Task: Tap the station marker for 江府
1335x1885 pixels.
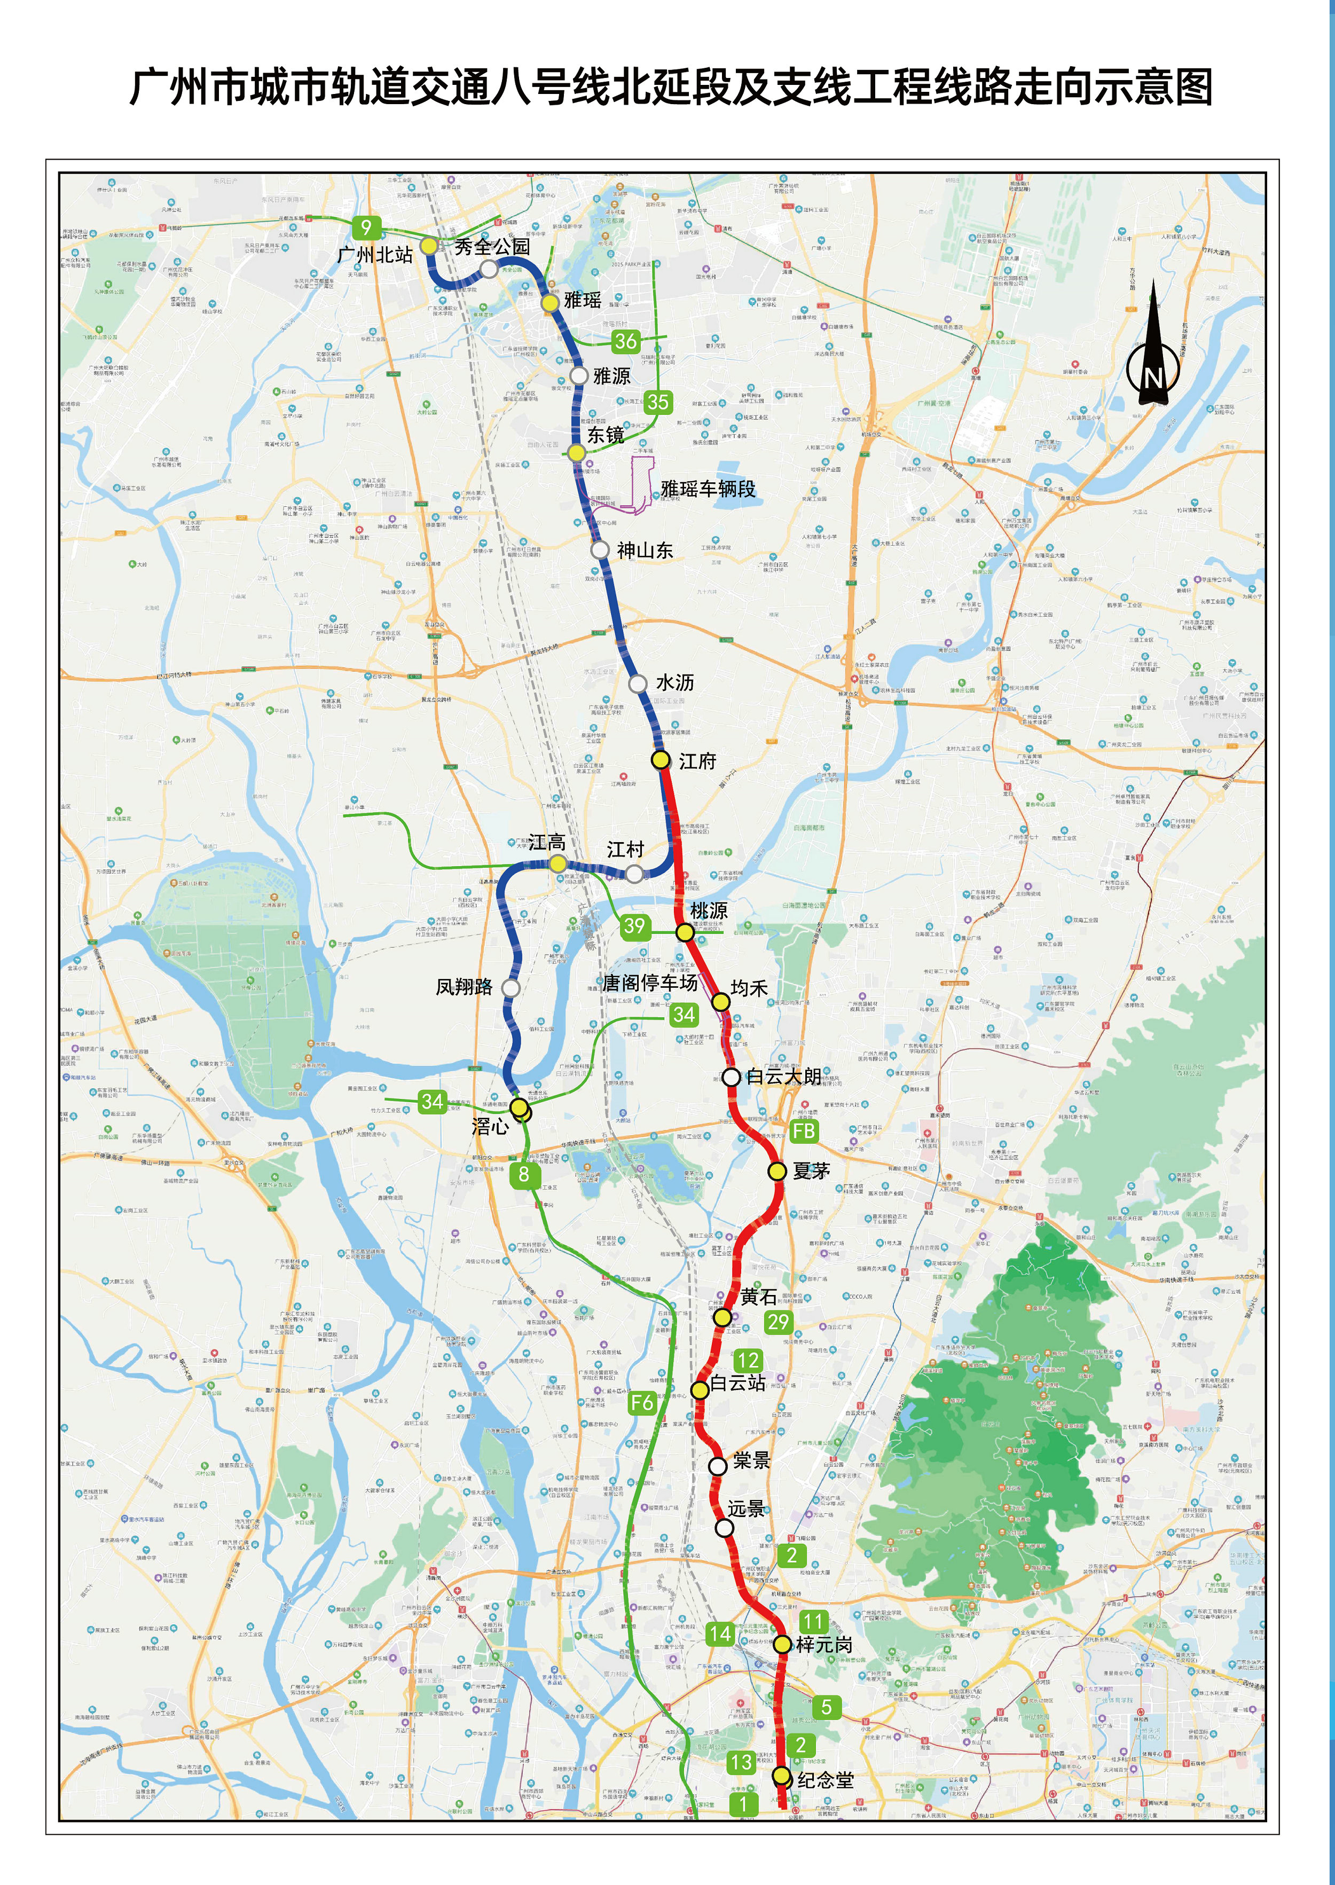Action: coord(660,759)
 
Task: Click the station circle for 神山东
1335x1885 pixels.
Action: coord(601,549)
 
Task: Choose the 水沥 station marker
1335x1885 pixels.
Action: coord(638,683)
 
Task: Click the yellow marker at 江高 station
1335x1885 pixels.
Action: coord(558,863)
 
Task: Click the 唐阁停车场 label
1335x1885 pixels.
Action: coord(649,983)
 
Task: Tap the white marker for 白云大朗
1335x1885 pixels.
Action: coord(731,1077)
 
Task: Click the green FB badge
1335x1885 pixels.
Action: coord(804,1131)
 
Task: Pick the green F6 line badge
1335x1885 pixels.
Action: coord(642,1402)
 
